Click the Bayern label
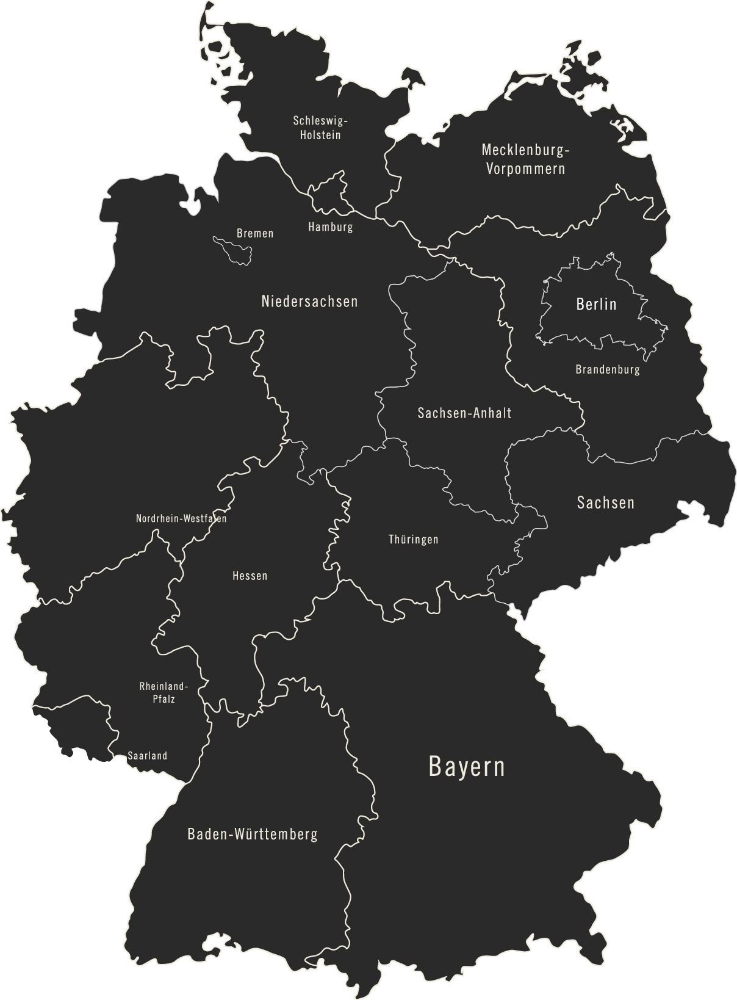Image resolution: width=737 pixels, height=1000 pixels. pos(467,767)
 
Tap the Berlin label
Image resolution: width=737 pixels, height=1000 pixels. pos(596,303)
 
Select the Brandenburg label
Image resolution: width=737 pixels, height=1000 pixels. pos(608,369)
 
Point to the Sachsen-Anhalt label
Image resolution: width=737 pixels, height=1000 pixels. pos(464,413)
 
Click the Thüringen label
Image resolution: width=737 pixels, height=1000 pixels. pos(414,540)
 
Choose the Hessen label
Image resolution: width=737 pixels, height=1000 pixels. pos(250,576)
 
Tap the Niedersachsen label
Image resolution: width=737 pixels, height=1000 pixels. pos(309,301)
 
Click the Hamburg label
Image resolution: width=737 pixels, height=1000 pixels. pos(331,227)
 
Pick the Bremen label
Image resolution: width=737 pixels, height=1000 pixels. pos(255,233)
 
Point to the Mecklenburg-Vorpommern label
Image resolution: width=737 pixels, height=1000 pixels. pos(525,159)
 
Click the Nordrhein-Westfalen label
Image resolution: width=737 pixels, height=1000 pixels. pos(181,519)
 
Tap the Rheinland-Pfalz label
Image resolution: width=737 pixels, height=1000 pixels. pos(164,692)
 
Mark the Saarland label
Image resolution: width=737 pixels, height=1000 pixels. pos(147,756)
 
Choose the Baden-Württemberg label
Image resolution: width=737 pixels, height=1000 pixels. pos(253,833)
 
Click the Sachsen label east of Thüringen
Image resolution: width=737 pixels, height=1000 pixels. pos(605,502)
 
